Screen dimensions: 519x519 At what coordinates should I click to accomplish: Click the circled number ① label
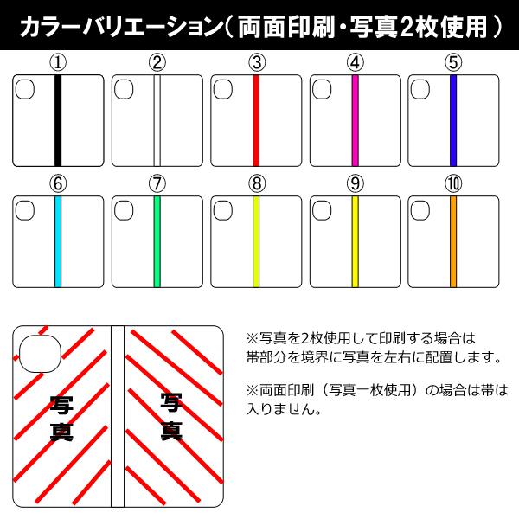click(x=58, y=62)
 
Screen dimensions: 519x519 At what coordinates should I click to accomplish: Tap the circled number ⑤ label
click(x=452, y=62)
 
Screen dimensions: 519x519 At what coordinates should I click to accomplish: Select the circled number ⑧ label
click(x=256, y=183)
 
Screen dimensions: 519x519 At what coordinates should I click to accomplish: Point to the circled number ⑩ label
click(x=452, y=183)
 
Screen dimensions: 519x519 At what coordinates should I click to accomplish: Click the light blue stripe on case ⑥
click(x=58, y=241)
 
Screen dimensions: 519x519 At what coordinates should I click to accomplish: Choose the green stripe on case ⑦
click(x=157, y=241)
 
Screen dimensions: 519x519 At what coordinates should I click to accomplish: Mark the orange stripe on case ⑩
click(x=452, y=241)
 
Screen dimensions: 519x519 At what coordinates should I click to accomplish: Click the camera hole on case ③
click(x=223, y=88)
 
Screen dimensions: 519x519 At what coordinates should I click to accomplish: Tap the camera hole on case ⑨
click(x=322, y=210)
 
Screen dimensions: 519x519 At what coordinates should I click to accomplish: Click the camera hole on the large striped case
click(x=37, y=349)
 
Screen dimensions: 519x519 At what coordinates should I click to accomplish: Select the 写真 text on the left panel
click(x=61, y=418)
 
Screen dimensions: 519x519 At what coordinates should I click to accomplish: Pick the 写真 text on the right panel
click(x=170, y=415)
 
